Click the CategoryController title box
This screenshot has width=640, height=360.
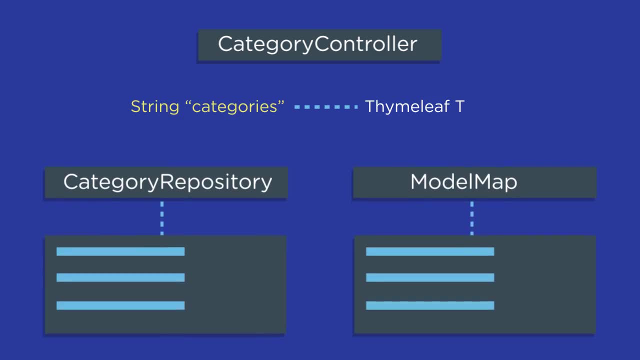pyautogui.click(x=319, y=45)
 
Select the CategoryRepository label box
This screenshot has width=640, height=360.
pyautogui.click(x=166, y=182)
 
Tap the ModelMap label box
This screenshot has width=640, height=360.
pyautogui.click(x=474, y=182)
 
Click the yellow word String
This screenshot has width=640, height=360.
pyautogui.click(x=154, y=106)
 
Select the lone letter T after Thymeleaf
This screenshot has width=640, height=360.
pyautogui.click(x=460, y=106)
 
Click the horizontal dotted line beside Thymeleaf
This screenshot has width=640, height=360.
pyautogui.click(x=325, y=106)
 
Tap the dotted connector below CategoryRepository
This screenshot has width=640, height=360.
pyautogui.click(x=162, y=217)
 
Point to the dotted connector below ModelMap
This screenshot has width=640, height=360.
pyautogui.click(x=471, y=217)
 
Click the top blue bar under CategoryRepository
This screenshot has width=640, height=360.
pyautogui.click(x=120, y=251)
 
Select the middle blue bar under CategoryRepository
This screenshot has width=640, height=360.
pyautogui.click(x=120, y=277)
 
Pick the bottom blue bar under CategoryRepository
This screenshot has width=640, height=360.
pyautogui.click(x=120, y=305)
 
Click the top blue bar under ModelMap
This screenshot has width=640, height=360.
pyautogui.click(x=430, y=251)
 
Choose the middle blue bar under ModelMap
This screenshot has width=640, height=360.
pyautogui.click(x=430, y=277)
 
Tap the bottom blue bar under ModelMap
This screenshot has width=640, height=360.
pyautogui.click(x=430, y=305)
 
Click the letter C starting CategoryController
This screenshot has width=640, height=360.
pyautogui.click(x=225, y=44)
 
